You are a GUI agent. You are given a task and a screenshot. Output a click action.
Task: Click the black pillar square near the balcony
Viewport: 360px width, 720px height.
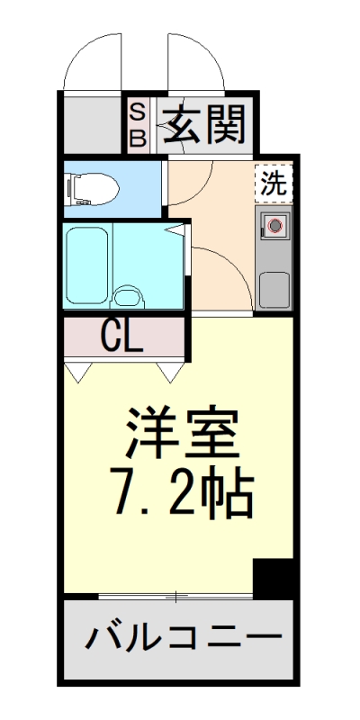click(273, 577)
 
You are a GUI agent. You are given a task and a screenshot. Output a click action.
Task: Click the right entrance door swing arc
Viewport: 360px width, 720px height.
click(191, 61)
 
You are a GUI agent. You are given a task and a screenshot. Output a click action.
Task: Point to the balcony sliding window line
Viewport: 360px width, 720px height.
click(176, 597)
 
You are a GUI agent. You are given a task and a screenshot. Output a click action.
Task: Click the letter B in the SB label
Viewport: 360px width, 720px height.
click(138, 138)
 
